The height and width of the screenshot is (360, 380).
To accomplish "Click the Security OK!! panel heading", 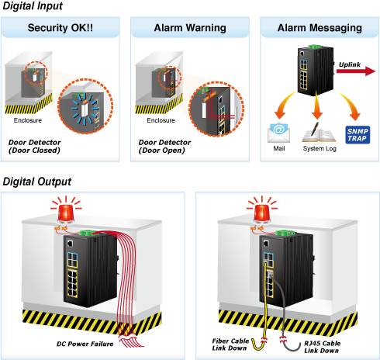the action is [60, 28].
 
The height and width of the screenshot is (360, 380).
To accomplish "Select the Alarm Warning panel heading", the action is [190, 28].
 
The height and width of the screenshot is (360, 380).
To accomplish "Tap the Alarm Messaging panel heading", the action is [320, 28].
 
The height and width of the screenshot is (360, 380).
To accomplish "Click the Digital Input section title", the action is [33, 6].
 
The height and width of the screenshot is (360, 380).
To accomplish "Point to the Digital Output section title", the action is [37, 182].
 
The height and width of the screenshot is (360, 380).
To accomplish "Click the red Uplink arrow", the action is [356, 71].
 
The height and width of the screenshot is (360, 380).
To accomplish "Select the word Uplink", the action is [350, 64].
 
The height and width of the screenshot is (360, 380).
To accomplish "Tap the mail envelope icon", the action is [278, 133].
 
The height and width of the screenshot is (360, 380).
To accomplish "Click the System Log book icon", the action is [319, 133].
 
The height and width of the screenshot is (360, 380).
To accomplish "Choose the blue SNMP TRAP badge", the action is [358, 135].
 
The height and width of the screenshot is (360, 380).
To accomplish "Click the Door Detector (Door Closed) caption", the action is [35, 147].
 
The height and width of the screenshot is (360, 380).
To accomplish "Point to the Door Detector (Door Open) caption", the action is [164, 147].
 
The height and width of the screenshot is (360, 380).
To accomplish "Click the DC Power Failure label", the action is [85, 344].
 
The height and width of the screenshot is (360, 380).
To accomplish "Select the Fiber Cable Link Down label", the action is [230, 344].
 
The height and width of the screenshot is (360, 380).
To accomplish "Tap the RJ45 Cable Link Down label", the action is [322, 347].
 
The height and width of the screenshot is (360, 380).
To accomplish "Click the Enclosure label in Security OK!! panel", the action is [28, 120].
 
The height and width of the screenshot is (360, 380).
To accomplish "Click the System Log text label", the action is [320, 149].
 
